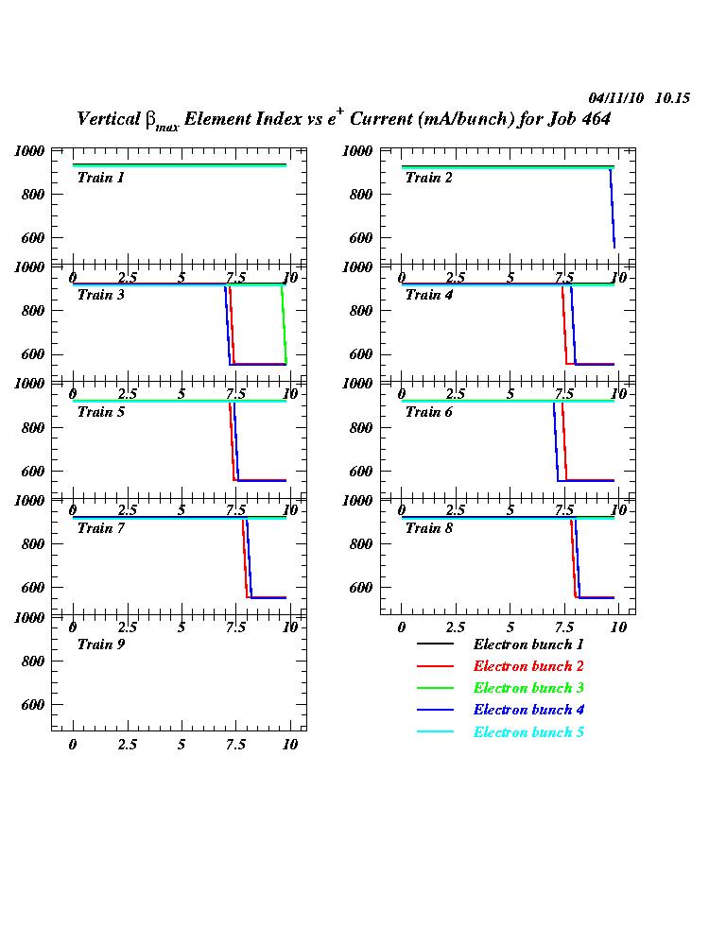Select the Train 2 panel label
428,178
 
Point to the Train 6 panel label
428,411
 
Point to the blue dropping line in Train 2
613,208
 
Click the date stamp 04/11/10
615,98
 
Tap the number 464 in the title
594,120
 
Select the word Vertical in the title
108,119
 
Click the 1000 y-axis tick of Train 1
29,150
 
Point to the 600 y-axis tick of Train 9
33,705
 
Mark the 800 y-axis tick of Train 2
361,194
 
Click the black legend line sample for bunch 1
435,644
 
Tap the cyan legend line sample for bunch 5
435,732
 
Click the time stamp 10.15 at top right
673,98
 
